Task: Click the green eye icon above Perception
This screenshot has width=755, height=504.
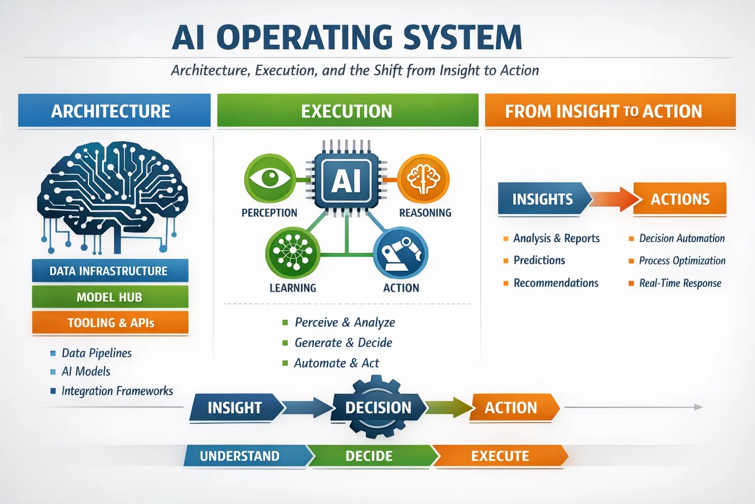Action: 270,178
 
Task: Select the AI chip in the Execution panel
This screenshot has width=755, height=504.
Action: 347,180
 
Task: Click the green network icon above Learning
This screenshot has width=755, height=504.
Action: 292,252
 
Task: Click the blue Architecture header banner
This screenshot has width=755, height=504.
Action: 114,111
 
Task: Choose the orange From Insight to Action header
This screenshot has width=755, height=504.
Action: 610,111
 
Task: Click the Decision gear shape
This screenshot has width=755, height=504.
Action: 377,408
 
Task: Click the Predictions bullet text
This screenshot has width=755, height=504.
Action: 539,260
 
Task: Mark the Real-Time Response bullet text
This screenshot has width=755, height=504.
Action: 680,283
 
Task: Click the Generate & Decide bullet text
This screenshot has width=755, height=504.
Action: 343,343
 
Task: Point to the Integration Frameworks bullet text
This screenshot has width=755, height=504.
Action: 117,391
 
